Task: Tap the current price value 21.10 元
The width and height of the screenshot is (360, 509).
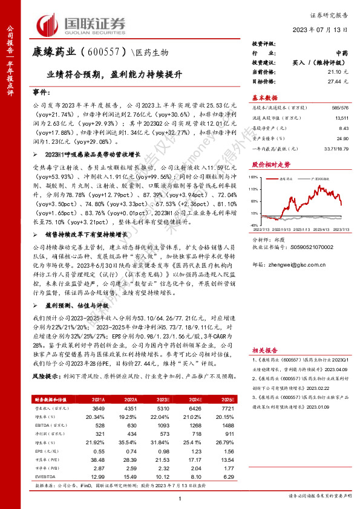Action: (x=336, y=71)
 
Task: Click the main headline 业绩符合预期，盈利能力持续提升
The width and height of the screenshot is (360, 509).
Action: (x=114, y=77)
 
